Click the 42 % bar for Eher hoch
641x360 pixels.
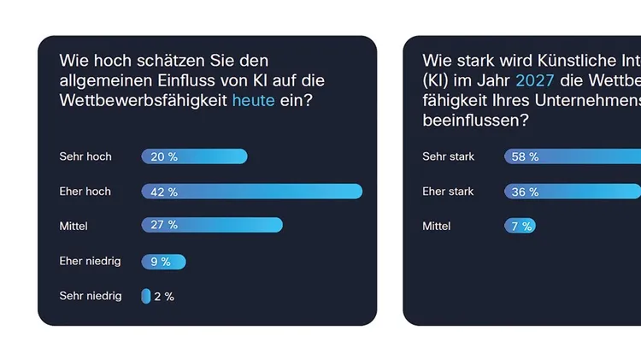(252, 192)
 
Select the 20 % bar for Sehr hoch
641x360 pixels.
(194, 156)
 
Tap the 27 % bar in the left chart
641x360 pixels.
(212, 225)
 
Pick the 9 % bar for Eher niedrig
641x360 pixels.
(163, 262)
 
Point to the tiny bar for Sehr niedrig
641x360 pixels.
(146, 296)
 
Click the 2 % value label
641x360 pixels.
(164, 297)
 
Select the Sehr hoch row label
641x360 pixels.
(85, 156)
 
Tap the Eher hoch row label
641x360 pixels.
(85, 192)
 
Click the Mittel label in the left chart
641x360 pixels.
(74, 226)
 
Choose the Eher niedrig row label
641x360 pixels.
(91, 261)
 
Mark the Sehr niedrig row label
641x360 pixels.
(91, 296)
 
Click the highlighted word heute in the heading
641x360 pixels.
(254, 101)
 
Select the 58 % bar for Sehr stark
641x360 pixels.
(573, 156)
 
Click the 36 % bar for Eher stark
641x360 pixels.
(573, 192)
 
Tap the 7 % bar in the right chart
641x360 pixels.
(520, 226)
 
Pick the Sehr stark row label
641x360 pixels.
(449, 156)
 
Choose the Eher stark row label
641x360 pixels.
(449, 192)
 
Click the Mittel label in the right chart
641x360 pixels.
(438, 226)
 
